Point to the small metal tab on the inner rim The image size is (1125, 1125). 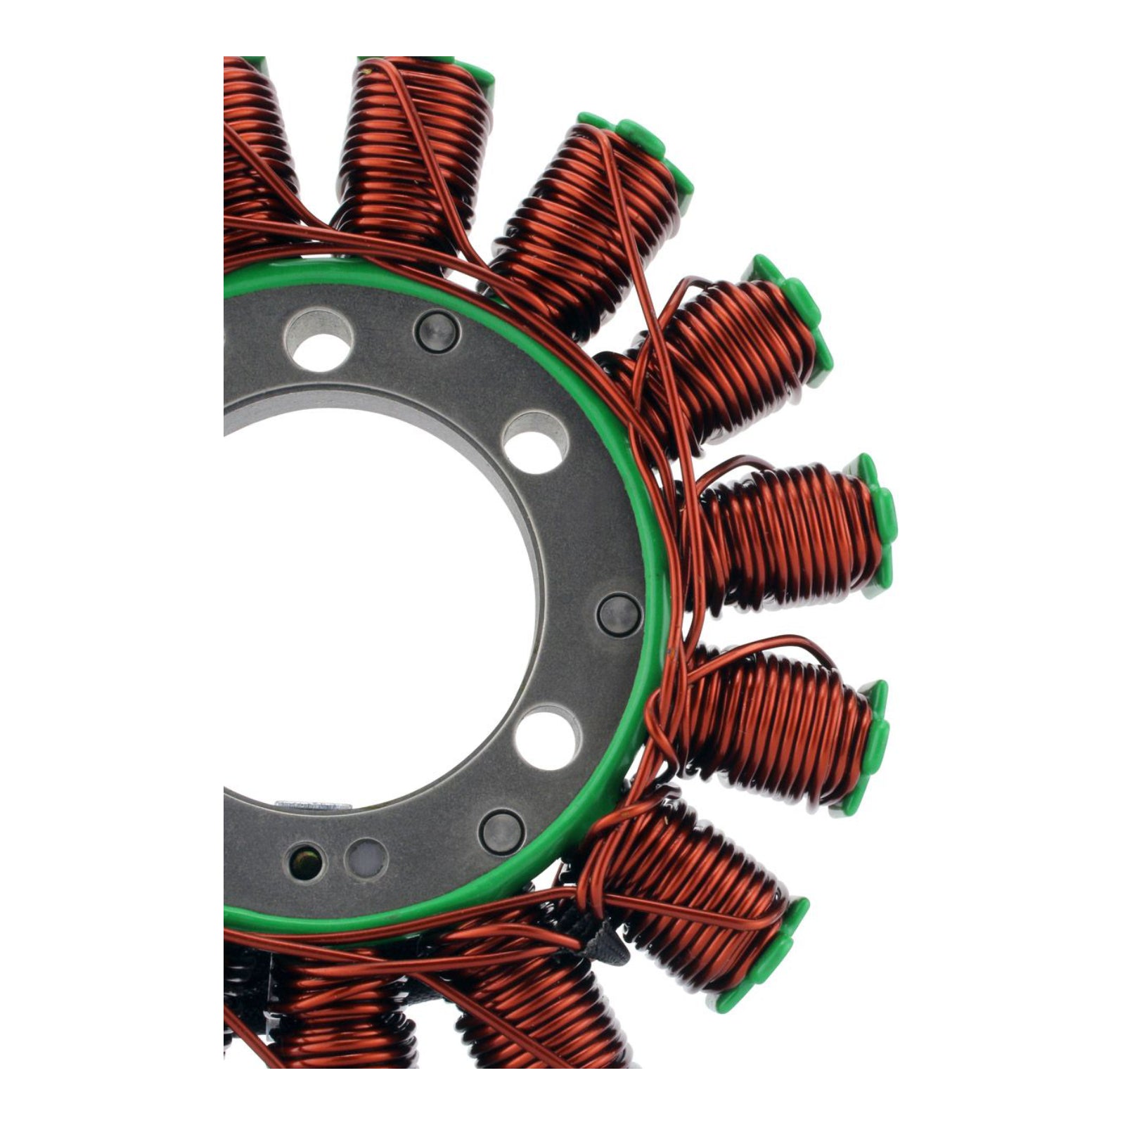coord(313,804)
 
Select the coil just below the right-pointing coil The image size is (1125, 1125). coord(773,731)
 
